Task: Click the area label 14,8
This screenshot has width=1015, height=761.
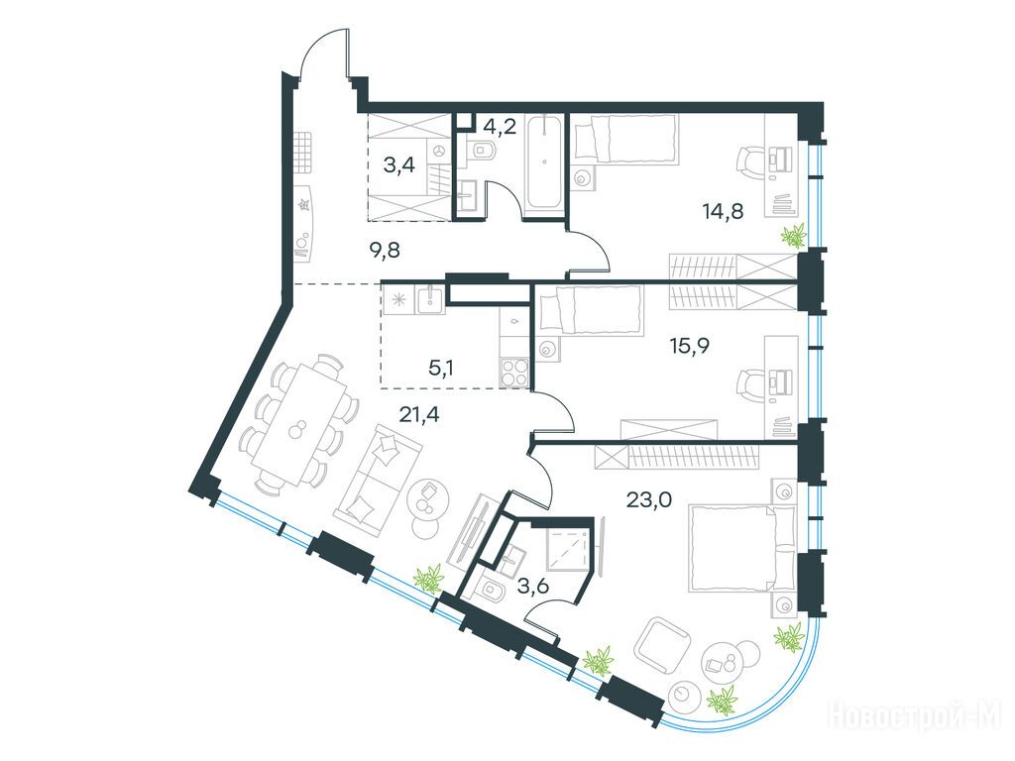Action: pyautogui.click(x=723, y=210)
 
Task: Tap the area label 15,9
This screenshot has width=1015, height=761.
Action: pyautogui.click(x=689, y=346)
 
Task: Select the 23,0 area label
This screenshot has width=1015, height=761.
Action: pyautogui.click(x=648, y=499)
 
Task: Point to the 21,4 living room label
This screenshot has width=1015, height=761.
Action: pyautogui.click(x=419, y=413)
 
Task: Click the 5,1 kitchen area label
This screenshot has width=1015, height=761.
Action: pyautogui.click(x=441, y=369)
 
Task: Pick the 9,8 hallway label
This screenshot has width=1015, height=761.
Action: pyautogui.click(x=384, y=250)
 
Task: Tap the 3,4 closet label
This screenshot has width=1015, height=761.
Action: pyautogui.click(x=398, y=165)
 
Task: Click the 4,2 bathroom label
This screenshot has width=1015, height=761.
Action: pyautogui.click(x=500, y=126)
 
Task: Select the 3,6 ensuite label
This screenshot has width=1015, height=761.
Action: pyautogui.click(x=533, y=587)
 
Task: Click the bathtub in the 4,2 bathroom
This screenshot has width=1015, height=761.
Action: pyautogui.click(x=544, y=164)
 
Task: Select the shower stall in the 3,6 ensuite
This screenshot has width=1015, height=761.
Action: pyautogui.click(x=567, y=547)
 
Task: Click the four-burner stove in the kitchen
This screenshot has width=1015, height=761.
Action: pyautogui.click(x=515, y=373)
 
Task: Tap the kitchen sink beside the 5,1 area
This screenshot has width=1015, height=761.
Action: pyautogui.click(x=429, y=300)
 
